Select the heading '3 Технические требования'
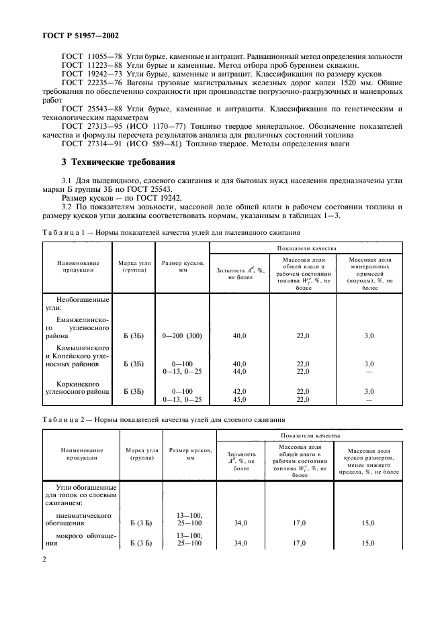(x=118, y=162)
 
